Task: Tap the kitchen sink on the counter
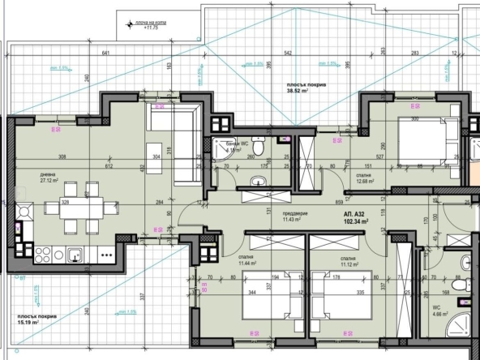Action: click(x=75, y=255)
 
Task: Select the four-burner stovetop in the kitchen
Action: click(x=22, y=213)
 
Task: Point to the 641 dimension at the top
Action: click(x=105, y=53)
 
